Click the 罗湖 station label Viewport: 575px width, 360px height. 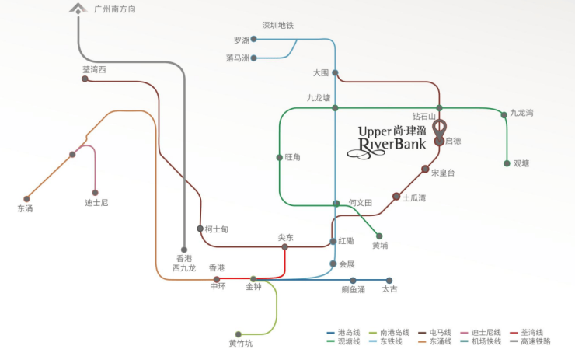coord(241,39)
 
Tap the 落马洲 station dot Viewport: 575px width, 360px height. coord(253,58)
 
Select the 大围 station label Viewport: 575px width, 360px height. coord(321,72)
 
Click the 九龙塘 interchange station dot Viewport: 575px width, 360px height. coord(335,108)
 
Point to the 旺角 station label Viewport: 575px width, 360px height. coord(292,157)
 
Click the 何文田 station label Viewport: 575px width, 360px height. coord(361,203)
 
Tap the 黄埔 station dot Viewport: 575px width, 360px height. coord(379,236)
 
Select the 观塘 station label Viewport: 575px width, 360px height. coord(521,163)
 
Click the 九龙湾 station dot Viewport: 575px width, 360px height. coord(504,115)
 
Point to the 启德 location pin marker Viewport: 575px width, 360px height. coord(439,128)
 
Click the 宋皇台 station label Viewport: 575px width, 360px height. coord(443,173)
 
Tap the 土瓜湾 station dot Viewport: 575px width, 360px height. coord(396,197)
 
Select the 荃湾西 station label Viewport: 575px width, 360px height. coord(93,69)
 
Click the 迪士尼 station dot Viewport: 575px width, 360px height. coord(96,193)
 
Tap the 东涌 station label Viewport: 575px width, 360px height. coord(25,208)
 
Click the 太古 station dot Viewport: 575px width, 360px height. coord(389,281)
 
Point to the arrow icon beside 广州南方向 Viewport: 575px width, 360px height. coord(79,9)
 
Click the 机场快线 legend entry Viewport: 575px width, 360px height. coord(486,341)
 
